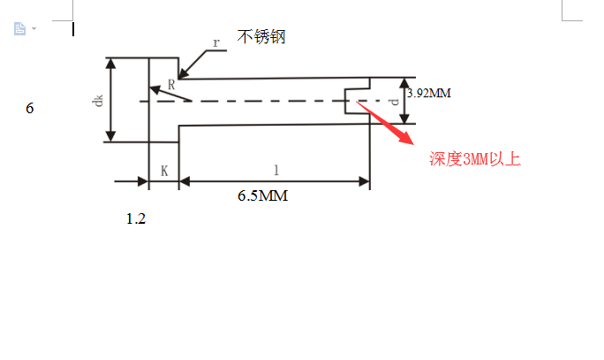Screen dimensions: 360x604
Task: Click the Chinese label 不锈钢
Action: (x=261, y=36)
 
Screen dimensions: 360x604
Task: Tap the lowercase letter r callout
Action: (x=215, y=42)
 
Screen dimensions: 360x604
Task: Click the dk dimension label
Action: (x=98, y=100)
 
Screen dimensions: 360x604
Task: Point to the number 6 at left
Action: (x=30, y=109)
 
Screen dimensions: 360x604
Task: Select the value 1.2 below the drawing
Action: (x=135, y=218)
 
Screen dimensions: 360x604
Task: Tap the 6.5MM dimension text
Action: (x=262, y=195)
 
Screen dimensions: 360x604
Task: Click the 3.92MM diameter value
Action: (x=429, y=91)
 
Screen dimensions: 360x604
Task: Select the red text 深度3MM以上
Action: (x=475, y=159)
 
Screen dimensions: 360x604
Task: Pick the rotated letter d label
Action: (x=394, y=101)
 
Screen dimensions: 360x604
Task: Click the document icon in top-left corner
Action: (x=19, y=28)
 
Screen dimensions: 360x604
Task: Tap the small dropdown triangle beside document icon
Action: (x=34, y=29)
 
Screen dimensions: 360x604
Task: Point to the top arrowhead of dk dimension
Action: (x=111, y=65)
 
